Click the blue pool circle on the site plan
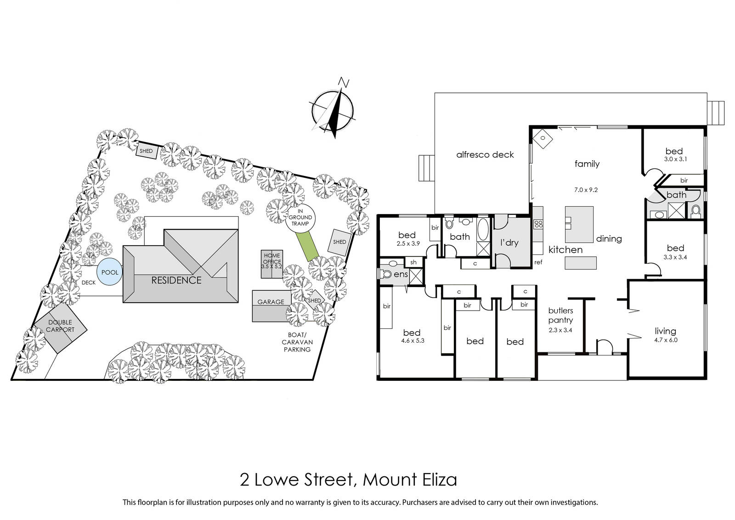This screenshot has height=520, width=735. [x=110, y=272]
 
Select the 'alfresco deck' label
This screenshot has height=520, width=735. [x=485, y=154]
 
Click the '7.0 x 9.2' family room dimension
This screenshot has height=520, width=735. [x=586, y=190]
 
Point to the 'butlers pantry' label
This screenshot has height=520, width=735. [x=560, y=315]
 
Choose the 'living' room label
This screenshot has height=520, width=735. [x=666, y=331]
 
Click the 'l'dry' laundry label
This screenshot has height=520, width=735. [x=509, y=243]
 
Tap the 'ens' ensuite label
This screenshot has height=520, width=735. [x=401, y=274]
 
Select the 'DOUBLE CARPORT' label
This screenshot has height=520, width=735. [x=60, y=326]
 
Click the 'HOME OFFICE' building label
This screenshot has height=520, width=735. [x=272, y=258]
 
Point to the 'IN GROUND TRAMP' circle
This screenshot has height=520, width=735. [x=300, y=217]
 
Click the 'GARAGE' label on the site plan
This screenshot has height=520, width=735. [x=271, y=302]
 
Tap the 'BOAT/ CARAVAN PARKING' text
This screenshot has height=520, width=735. [x=297, y=342]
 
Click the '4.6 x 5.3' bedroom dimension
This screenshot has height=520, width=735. [x=413, y=340]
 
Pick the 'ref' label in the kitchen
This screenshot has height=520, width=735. [x=538, y=262]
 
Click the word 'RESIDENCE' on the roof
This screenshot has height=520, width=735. [x=176, y=280]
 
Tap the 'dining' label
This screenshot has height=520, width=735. [x=609, y=238]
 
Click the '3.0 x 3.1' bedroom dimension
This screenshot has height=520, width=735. [x=676, y=159]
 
